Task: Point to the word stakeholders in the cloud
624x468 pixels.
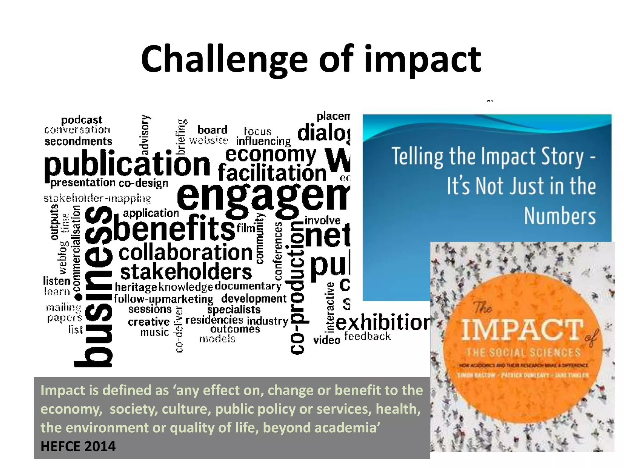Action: [x=186, y=272]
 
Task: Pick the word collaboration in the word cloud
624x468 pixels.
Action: [x=186, y=253]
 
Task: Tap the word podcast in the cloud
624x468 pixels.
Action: [x=82, y=120]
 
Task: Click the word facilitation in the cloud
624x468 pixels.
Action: [x=272, y=173]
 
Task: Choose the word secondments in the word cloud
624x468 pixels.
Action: [x=79, y=141]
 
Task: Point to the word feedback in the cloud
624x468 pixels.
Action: [x=367, y=336]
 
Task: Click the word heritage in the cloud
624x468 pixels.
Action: [x=136, y=287]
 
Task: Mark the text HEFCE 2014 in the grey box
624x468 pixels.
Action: [x=78, y=447]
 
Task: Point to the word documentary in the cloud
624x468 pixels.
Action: [x=248, y=286]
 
